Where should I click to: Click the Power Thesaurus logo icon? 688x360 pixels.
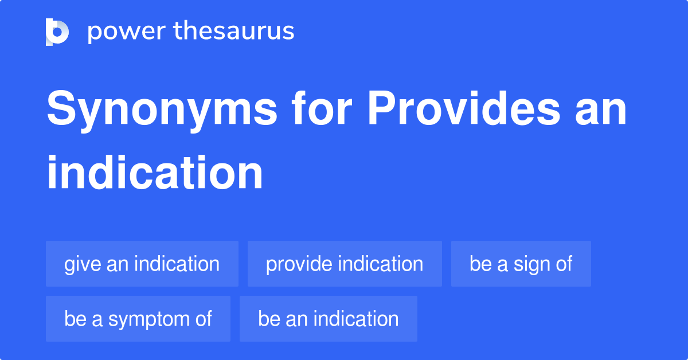(57, 32)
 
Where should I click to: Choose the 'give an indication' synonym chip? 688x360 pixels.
(142, 264)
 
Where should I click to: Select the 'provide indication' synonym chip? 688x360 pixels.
(345, 264)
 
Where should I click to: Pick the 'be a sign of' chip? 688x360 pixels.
(521, 264)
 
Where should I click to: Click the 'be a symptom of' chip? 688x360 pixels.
(138, 319)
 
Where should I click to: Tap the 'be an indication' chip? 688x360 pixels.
(328, 319)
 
